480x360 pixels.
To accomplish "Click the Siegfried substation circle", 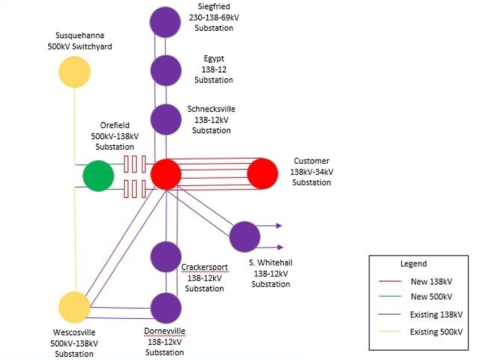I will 166,23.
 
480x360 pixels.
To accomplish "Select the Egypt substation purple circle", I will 166,70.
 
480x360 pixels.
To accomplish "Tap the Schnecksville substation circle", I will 166,119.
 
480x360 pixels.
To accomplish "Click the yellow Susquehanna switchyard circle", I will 75,72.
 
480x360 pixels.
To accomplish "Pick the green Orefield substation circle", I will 98,176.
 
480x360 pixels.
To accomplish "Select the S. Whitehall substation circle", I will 245,236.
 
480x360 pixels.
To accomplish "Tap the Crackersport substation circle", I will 166,257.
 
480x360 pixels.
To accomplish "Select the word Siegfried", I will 214,7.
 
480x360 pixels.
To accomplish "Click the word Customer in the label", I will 311,161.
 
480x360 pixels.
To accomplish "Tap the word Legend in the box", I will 414,263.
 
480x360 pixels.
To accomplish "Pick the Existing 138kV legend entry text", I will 436,315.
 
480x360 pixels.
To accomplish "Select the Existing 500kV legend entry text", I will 436,332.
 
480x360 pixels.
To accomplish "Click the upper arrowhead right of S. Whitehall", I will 280,226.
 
